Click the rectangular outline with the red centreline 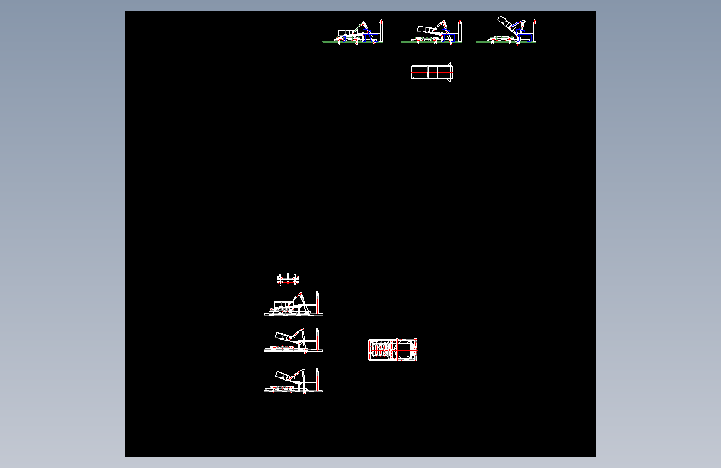[x=432, y=72]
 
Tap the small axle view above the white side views [x=287, y=279]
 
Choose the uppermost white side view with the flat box [x=294, y=306]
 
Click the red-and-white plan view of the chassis [x=393, y=350]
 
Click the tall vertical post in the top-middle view [x=458, y=31]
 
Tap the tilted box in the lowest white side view [x=285, y=375]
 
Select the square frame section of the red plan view [x=407, y=350]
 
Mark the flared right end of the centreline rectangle [x=450, y=72]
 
